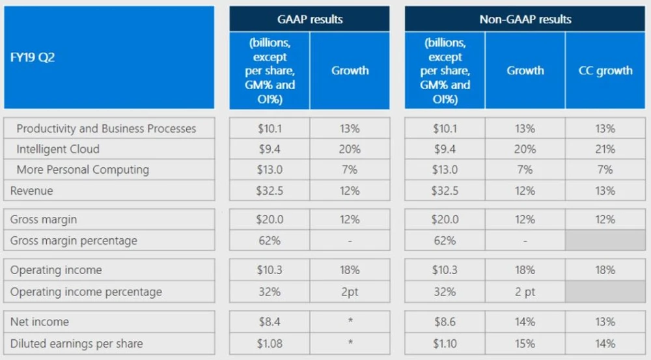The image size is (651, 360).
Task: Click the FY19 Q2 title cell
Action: [109, 57]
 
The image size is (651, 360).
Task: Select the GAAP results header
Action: [310, 19]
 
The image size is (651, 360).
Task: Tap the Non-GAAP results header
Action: [525, 19]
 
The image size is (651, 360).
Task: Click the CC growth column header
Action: [605, 70]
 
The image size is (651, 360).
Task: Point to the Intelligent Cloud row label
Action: [58, 149]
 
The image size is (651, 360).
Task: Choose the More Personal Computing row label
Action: [83, 170]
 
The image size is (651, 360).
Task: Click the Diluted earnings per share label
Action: [76, 344]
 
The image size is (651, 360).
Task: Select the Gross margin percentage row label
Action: [74, 241]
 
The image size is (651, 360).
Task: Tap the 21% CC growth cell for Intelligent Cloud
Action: [605, 149]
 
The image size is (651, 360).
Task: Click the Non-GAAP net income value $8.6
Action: [445, 322]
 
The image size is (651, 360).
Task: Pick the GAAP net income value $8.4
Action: [270, 322]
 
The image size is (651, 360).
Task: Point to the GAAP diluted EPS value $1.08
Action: [270, 344]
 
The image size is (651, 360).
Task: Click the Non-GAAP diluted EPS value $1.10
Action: [445, 344]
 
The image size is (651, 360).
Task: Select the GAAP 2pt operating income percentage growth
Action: [350, 292]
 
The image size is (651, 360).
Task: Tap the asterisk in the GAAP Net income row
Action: [350, 321]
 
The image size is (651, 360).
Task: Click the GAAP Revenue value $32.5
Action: [270, 191]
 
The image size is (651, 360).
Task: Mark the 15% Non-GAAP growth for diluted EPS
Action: [525, 344]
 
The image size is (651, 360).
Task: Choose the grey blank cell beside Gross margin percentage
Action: [605, 240]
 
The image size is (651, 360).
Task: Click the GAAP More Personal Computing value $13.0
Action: [270, 170]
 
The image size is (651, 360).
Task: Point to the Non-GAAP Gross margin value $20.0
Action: [445, 219]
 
